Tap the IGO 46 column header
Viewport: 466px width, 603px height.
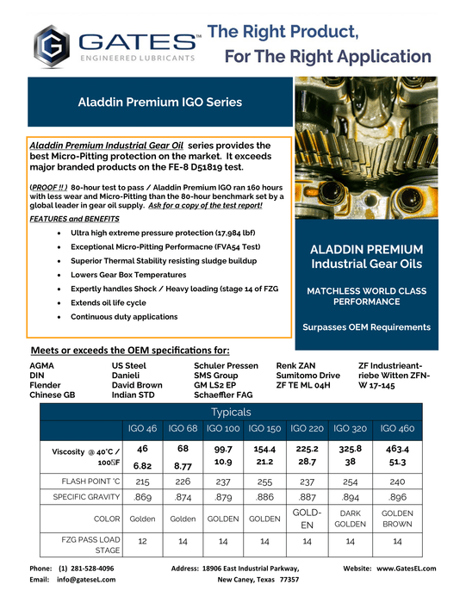click(x=142, y=428)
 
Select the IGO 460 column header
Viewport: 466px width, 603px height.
click(x=397, y=428)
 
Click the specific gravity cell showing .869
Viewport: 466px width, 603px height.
click(x=142, y=498)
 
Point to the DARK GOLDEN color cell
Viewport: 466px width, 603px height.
click(x=350, y=519)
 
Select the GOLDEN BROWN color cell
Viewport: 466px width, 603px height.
click(x=397, y=519)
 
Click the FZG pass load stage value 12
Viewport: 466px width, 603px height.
click(x=142, y=541)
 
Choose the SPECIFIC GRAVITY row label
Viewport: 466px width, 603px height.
click(x=78, y=498)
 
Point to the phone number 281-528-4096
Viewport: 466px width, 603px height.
click(x=85, y=569)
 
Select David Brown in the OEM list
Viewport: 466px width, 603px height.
click(x=136, y=386)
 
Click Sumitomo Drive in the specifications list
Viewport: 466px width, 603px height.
click(x=308, y=376)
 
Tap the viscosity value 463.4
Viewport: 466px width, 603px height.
click(x=397, y=450)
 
